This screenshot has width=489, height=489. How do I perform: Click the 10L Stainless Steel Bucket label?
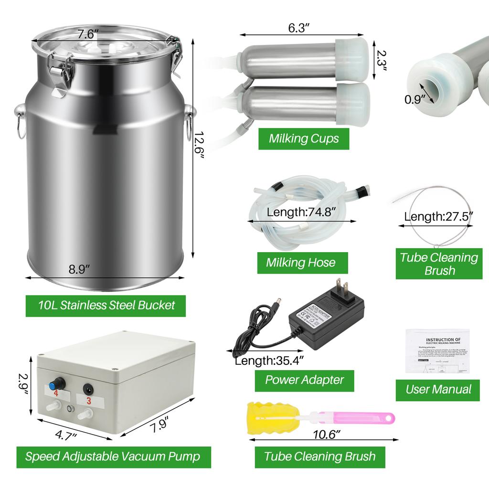click(x=106, y=304)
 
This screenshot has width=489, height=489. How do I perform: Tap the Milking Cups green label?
click(x=304, y=139)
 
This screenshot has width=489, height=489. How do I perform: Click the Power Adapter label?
click(x=304, y=380)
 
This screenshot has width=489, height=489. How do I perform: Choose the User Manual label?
click(x=438, y=389)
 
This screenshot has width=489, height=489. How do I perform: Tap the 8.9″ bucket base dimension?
click(x=79, y=269)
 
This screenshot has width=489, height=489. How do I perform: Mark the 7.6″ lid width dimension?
click(x=88, y=34)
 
